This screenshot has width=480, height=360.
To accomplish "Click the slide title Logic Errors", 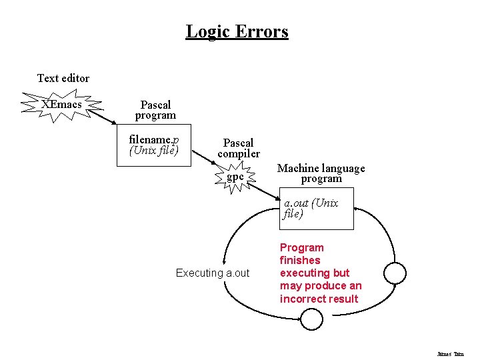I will click(x=237, y=31).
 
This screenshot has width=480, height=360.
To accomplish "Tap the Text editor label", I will click(x=63, y=78).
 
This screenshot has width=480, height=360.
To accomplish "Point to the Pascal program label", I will click(x=155, y=110).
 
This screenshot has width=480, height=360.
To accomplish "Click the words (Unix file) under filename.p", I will click(x=153, y=150).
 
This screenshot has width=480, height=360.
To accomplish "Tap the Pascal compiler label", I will click(x=238, y=148).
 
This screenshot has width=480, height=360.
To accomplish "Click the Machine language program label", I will click(x=321, y=173).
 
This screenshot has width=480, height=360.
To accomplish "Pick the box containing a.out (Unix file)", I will click(x=316, y=209).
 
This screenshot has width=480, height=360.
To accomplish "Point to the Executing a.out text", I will click(x=212, y=273).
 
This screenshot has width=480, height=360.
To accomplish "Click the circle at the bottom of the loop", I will click(x=311, y=319).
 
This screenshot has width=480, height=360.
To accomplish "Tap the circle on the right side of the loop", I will click(x=395, y=273).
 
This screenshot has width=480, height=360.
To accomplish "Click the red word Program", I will click(x=301, y=247).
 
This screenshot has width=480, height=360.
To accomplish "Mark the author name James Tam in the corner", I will click(x=450, y=354).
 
